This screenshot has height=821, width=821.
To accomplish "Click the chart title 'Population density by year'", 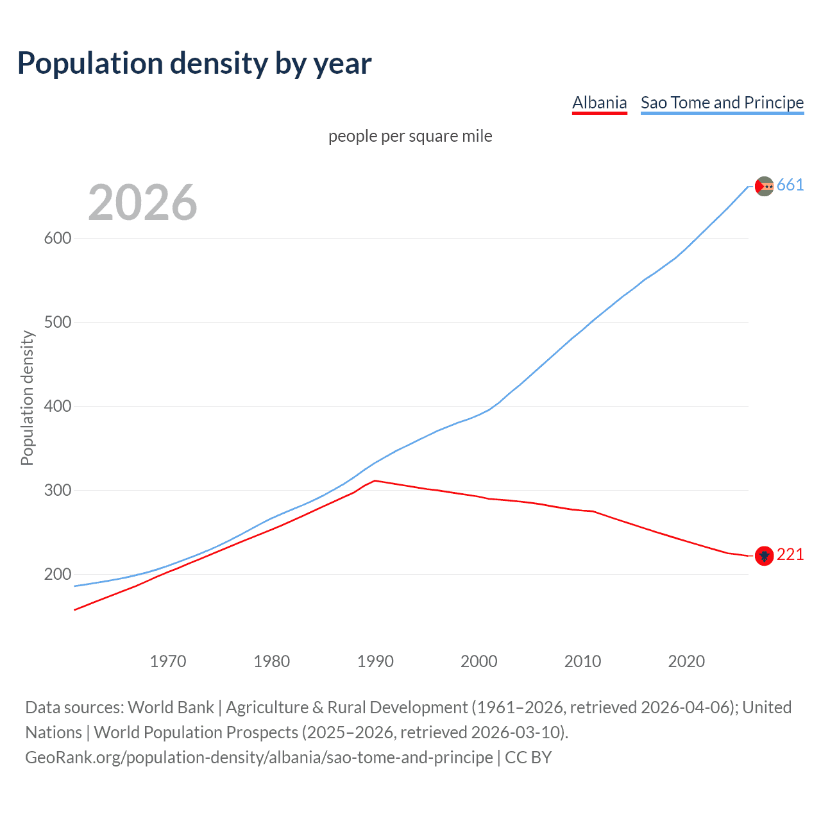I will click(x=194, y=63).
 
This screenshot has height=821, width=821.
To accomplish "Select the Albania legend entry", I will click(x=599, y=103).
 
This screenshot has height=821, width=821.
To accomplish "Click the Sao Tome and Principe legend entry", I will click(x=722, y=103).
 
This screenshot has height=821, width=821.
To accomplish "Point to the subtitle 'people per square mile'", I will click(x=410, y=137).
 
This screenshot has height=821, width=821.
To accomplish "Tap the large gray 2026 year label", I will click(x=142, y=203).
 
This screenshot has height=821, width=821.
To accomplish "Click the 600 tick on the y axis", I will click(x=58, y=238).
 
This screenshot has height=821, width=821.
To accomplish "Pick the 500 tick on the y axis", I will click(x=58, y=322).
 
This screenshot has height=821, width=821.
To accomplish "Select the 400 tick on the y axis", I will click(x=58, y=406).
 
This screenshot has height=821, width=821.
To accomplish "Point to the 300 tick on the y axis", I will click(x=58, y=490).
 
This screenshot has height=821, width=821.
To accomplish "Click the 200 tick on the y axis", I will click(x=58, y=574).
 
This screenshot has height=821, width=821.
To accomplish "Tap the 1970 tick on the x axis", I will click(x=168, y=661).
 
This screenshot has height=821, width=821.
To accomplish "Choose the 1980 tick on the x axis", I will click(x=272, y=661).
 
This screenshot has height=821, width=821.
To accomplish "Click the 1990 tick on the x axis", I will click(x=375, y=661).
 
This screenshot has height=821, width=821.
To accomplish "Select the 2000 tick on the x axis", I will click(x=479, y=661).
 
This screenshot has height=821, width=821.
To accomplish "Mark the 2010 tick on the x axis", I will click(x=582, y=661).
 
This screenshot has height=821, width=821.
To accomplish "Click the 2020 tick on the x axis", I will click(x=686, y=661).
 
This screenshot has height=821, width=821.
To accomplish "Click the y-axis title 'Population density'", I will click(x=27, y=398).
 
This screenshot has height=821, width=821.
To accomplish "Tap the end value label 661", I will click(x=790, y=185).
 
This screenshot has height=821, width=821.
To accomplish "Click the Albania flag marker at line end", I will click(x=764, y=555).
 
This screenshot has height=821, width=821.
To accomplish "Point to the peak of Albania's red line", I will click(x=375, y=480).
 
